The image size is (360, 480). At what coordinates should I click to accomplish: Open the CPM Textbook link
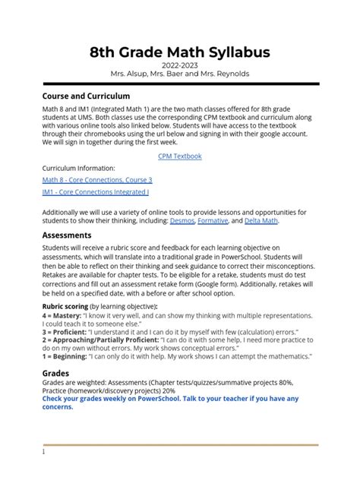click(179, 156)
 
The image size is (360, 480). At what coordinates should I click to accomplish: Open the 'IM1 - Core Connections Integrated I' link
click(96, 192)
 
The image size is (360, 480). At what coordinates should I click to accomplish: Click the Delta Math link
click(261, 221)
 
